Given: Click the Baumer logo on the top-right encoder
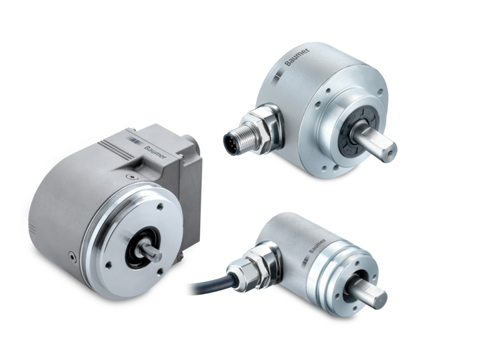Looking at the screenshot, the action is point(297,57).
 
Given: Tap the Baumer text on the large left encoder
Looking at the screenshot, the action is point(155,152).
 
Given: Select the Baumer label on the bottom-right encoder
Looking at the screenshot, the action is point(317,246).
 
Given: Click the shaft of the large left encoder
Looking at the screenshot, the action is point(150,251).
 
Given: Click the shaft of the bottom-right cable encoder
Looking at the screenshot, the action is point(369,291).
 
